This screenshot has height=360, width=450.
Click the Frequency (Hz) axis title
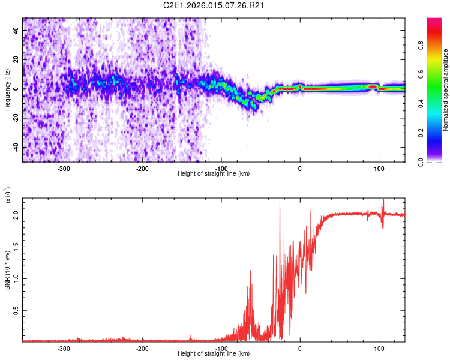(7, 89)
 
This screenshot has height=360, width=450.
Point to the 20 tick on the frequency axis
(16, 59)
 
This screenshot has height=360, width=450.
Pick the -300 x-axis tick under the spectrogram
(64, 169)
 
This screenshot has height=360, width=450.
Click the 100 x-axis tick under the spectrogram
(379, 169)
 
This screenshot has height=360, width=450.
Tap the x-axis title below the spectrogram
(214, 174)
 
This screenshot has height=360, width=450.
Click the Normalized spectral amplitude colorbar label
(446, 91)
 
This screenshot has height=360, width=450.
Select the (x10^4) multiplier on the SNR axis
(8, 196)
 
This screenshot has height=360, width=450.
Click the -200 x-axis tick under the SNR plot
(142, 348)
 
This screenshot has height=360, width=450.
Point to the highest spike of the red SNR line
(280, 203)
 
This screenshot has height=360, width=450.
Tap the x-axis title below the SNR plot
(214, 354)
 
